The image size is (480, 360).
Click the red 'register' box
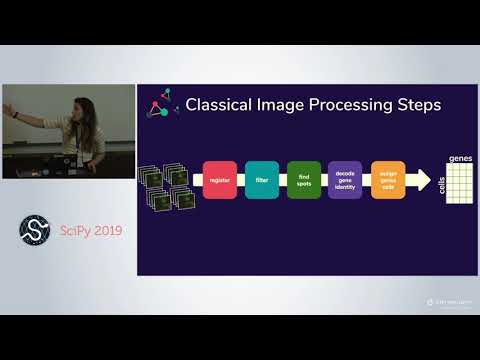(x=218, y=180)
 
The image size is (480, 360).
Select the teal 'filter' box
(x=261, y=180)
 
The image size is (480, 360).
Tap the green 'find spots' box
(x=302, y=180)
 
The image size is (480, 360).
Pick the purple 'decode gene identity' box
(x=345, y=180)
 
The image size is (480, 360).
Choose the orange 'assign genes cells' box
(x=387, y=180)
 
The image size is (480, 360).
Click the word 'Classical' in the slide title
(x=221, y=105)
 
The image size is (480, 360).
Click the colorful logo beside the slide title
(x=158, y=104)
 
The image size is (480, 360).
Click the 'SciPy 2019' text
(x=88, y=231)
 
